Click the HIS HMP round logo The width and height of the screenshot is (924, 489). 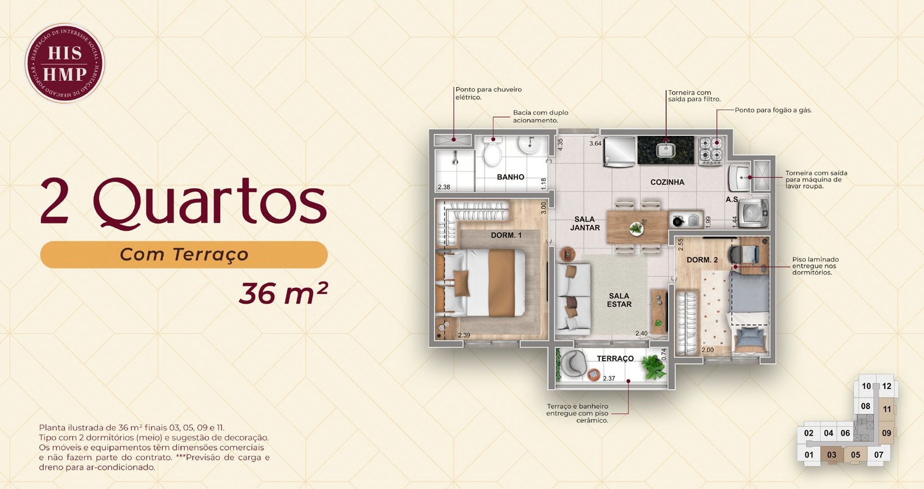[x=64, y=63]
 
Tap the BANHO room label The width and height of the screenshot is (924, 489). [x=511, y=177]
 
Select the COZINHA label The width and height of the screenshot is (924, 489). [x=667, y=182]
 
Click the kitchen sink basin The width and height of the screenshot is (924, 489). [x=666, y=150]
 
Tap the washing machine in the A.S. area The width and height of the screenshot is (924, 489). [x=754, y=212]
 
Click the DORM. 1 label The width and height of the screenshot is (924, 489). [x=506, y=235]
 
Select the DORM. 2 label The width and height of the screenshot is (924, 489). [x=702, y=260]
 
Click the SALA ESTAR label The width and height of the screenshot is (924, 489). [x=619, y=300]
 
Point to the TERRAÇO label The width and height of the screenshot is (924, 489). [x=615, y=358]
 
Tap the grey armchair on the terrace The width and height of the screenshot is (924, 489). [x=573, y=363]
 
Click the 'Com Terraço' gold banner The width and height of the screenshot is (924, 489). [x=184, y=255]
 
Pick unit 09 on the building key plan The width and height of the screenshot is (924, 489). [x=886, y=433]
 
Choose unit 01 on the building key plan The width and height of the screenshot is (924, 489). [x=809, y=455]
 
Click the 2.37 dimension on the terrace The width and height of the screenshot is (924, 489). [x=609, y=378]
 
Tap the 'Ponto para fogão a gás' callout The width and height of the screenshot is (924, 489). [x=773, y=110]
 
